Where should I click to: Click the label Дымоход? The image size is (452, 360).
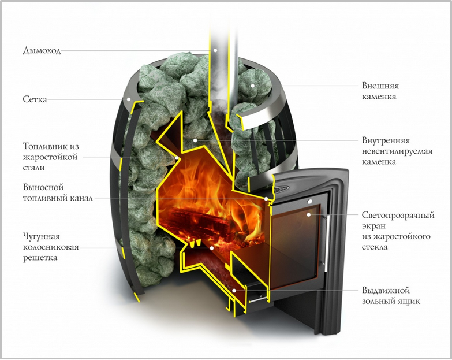[42, 50]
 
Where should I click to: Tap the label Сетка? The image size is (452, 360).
[35, 99]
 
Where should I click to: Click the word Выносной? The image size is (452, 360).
[43, 187]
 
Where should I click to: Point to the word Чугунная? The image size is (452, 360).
[42, 236]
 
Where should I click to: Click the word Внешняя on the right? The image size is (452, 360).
[380, 86]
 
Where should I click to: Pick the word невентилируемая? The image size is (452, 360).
[397, 151]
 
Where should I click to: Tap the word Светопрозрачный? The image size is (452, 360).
[398, 215]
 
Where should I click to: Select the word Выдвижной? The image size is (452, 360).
[386, 290]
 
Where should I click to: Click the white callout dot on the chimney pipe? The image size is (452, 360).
[215, 50]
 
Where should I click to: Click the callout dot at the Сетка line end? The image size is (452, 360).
[129, 99]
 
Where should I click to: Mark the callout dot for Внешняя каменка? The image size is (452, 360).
[252, 86]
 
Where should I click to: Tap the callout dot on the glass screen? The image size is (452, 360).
[308, 214]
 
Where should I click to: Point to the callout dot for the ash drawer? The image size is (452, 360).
[234, 290]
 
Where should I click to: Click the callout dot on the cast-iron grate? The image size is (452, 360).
[212, 247]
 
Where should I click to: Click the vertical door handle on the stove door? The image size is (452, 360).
[327, 243]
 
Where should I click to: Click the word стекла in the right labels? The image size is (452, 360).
[375, 247]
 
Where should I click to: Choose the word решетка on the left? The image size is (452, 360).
[40, 258]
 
